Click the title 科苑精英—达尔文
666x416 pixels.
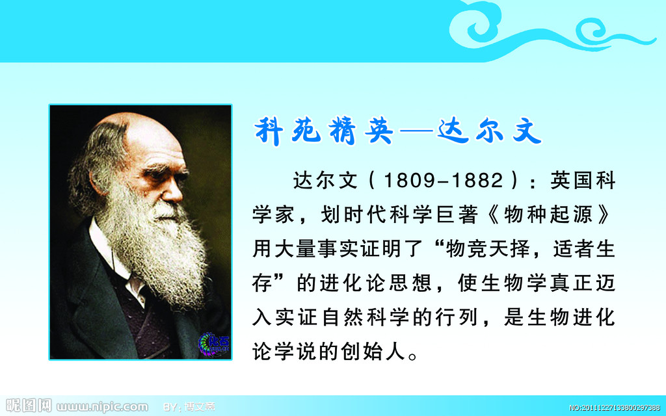click(398, 131)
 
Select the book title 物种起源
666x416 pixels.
click(548, 214)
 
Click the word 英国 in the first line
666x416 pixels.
click(572, 181)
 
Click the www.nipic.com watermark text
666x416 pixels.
click(102, 407)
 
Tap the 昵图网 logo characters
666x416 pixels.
click(29, 406)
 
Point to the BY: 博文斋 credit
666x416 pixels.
click(189, 407)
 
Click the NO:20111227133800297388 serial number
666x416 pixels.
click(615, 408)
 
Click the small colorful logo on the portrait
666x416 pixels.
click(214, 344)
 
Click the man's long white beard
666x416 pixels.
click(157, 246)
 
